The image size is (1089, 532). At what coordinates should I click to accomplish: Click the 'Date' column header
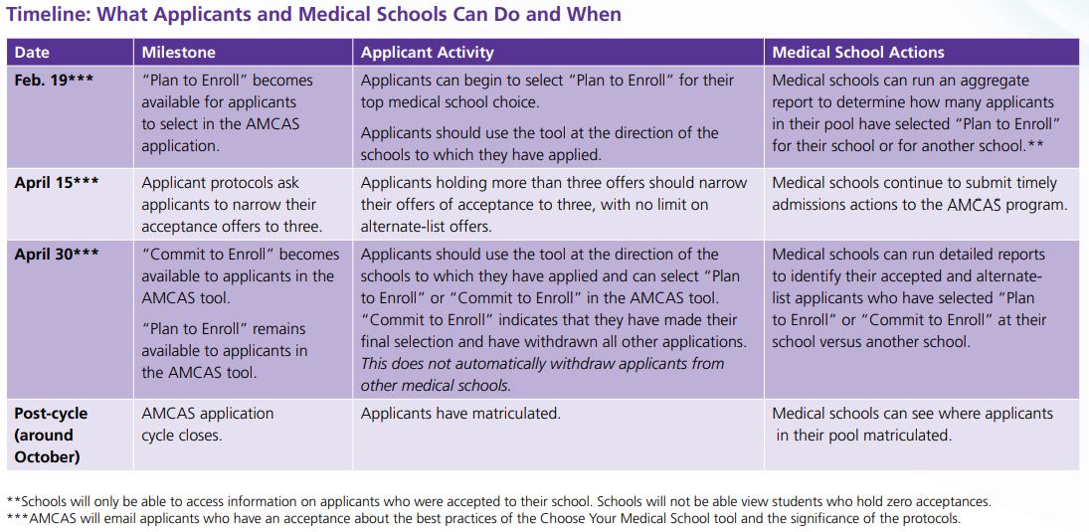32,52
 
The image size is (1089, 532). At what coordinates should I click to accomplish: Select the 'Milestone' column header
178,52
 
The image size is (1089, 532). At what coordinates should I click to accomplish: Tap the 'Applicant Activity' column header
427,52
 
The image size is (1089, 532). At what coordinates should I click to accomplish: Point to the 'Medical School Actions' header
857,52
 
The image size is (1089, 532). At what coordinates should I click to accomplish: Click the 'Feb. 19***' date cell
54,81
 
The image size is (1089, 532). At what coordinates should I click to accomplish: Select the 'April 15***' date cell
57,183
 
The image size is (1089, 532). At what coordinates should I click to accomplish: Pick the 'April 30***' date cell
57,255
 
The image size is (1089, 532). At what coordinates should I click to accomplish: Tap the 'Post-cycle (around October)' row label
51,435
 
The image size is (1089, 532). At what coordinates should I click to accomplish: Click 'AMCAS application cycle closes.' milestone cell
207,424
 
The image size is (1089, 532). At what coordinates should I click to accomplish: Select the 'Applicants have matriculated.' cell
460,414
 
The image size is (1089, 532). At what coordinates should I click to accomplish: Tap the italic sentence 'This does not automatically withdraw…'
542,375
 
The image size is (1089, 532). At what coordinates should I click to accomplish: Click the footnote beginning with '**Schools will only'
497,502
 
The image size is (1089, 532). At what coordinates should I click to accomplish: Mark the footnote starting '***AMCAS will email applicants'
483,518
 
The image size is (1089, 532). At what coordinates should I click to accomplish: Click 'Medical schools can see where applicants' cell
912,424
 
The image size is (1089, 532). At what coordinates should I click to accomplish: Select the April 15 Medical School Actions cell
919,194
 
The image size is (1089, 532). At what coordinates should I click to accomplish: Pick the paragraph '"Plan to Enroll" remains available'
224,350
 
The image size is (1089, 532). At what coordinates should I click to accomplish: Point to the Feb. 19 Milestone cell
227,112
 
